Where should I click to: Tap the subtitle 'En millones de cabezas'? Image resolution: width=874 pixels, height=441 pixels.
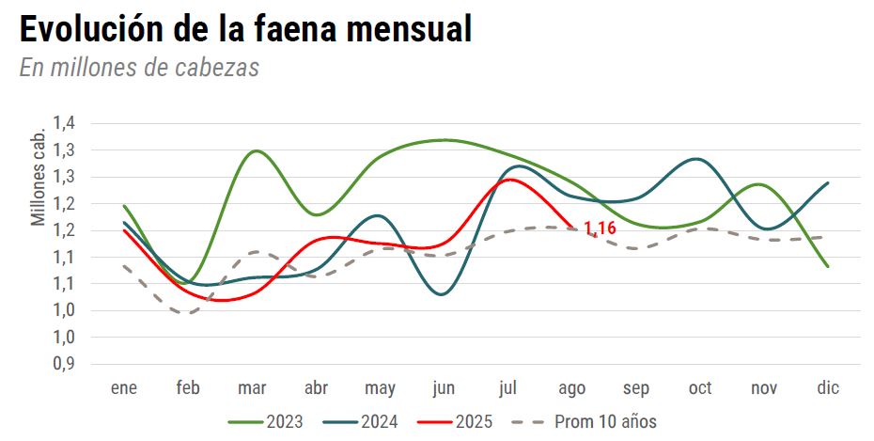139,68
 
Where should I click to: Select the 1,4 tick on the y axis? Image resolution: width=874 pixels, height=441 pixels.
64,123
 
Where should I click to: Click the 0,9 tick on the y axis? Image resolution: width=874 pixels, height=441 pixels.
64,364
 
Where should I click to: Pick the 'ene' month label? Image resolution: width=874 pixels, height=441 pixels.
124,387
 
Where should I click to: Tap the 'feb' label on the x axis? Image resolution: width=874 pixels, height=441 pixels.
188,387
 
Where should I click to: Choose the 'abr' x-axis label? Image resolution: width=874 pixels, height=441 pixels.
316,387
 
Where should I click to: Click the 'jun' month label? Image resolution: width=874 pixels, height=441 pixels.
444,387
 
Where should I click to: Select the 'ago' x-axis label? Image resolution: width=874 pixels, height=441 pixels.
571,387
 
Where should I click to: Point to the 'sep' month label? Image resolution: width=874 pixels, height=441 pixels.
636,387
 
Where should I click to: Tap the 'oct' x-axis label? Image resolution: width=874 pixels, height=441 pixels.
700,387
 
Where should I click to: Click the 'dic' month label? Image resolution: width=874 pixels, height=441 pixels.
828,387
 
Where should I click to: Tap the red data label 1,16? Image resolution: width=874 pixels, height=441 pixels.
600,228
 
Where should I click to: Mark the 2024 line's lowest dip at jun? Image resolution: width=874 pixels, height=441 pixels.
443,294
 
